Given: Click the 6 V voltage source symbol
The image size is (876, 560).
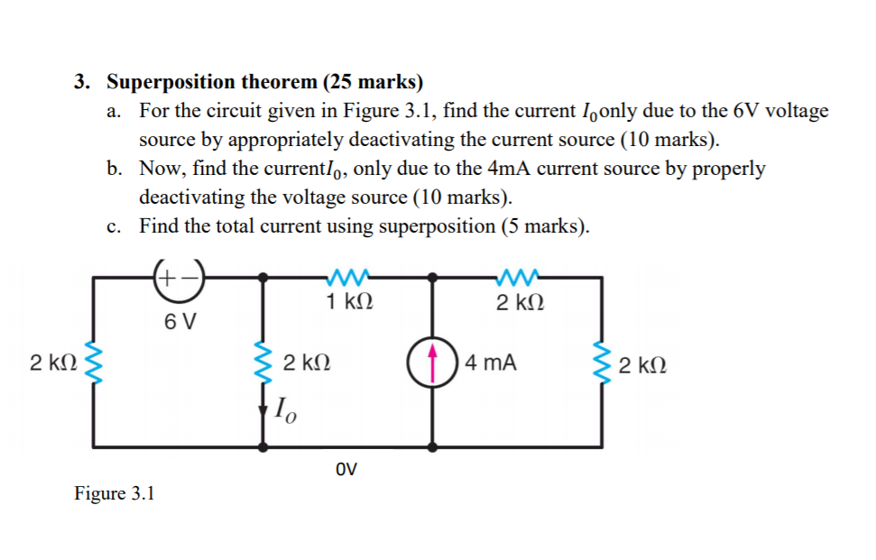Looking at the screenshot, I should (x=179, y=277).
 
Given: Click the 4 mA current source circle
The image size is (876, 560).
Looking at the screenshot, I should (x=431, y=364).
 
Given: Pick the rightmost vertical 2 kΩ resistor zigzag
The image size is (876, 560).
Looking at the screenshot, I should (x=601, y=364).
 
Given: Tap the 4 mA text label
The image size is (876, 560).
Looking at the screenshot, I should (x=493, y=363).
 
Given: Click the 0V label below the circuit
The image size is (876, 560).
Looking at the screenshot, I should (x=346, y=469).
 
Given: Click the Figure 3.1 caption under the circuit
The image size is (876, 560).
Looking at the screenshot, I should (x=115, y=493).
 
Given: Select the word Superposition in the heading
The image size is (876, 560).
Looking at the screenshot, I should (x=170, y=82).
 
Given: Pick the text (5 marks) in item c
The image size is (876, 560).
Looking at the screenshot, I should (x=544, y=226).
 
